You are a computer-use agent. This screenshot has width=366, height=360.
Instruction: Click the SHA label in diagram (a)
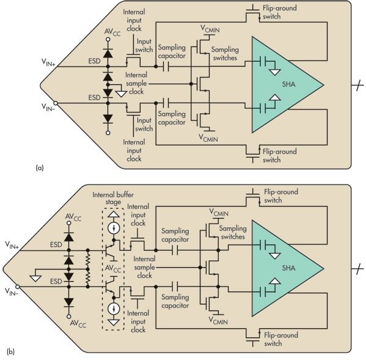click(289, 84)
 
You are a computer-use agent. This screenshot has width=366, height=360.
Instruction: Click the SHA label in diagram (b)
click(289, 268)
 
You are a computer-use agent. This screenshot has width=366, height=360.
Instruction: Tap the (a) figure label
click(40, 167)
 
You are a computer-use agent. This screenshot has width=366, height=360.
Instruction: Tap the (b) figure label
click(11, 351)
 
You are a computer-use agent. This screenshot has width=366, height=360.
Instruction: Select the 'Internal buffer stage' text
click(113, 198)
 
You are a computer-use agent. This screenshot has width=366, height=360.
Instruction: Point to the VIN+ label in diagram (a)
click(48, 62)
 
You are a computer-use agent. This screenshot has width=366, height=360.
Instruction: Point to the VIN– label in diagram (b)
click(12, 292)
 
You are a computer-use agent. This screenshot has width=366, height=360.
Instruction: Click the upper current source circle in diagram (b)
click(114, 228)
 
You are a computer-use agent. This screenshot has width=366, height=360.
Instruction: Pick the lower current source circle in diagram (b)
click(114, 309)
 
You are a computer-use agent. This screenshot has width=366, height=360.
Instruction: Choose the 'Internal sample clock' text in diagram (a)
click(136, 83)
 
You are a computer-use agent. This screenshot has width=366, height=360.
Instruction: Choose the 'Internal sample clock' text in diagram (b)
click(144, 267)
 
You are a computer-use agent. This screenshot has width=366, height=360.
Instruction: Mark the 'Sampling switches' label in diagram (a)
click(225, 53)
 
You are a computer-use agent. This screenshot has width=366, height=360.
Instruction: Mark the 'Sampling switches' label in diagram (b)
click(233, 232)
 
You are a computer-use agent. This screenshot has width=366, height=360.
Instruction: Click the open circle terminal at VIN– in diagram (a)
click(56, 103)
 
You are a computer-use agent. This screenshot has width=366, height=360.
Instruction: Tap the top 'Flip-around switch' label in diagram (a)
click(280, 12)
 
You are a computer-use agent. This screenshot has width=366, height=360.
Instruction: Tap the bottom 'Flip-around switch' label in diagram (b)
click(281, 339)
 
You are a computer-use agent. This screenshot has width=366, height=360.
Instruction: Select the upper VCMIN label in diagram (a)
click(210, 29)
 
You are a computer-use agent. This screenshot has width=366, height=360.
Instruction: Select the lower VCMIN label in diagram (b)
click(218, 320)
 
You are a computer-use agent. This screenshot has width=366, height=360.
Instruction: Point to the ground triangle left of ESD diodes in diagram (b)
click(35, 278)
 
